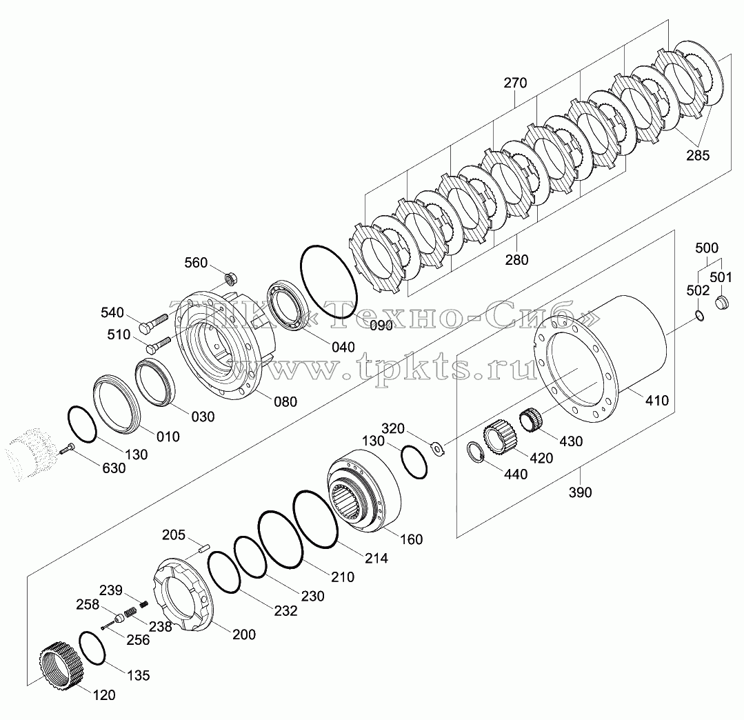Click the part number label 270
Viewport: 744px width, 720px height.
(x=515, y=83)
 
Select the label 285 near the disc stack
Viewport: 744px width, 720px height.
(x=698, y=155)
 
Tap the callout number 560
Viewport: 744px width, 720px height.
(x=196, y=263)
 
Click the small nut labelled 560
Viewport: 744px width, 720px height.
(x=231, y=278)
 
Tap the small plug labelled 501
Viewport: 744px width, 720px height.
(x=721, y=301)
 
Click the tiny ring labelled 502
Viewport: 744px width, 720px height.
(x=699, y=314)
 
